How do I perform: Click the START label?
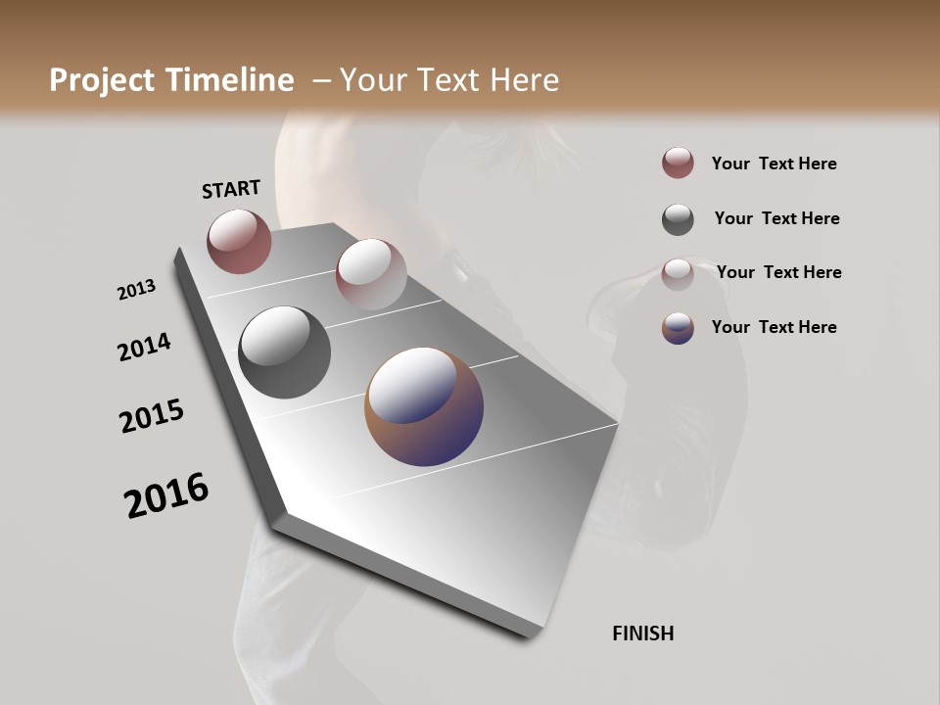point(231,189)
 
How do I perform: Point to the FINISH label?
point(642,634)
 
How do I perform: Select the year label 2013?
point(137,290)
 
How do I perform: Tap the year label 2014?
point(145,347)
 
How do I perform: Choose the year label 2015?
point(152,416)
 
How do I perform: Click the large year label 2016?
point(166,495)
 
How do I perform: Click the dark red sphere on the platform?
point(239,241)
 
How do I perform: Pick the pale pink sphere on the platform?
point(371,274)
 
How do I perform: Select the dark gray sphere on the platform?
point(285,352)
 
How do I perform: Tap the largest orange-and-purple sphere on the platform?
point(424,406)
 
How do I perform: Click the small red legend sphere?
point(678,163)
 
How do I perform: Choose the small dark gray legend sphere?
point(678,219)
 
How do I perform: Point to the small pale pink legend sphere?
point(678,274)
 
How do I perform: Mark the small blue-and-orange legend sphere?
point(678,328)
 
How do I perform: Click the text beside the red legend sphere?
point(774,164)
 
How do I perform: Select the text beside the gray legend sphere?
point(776,218)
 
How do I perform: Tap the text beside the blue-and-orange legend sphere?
point(774,327)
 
